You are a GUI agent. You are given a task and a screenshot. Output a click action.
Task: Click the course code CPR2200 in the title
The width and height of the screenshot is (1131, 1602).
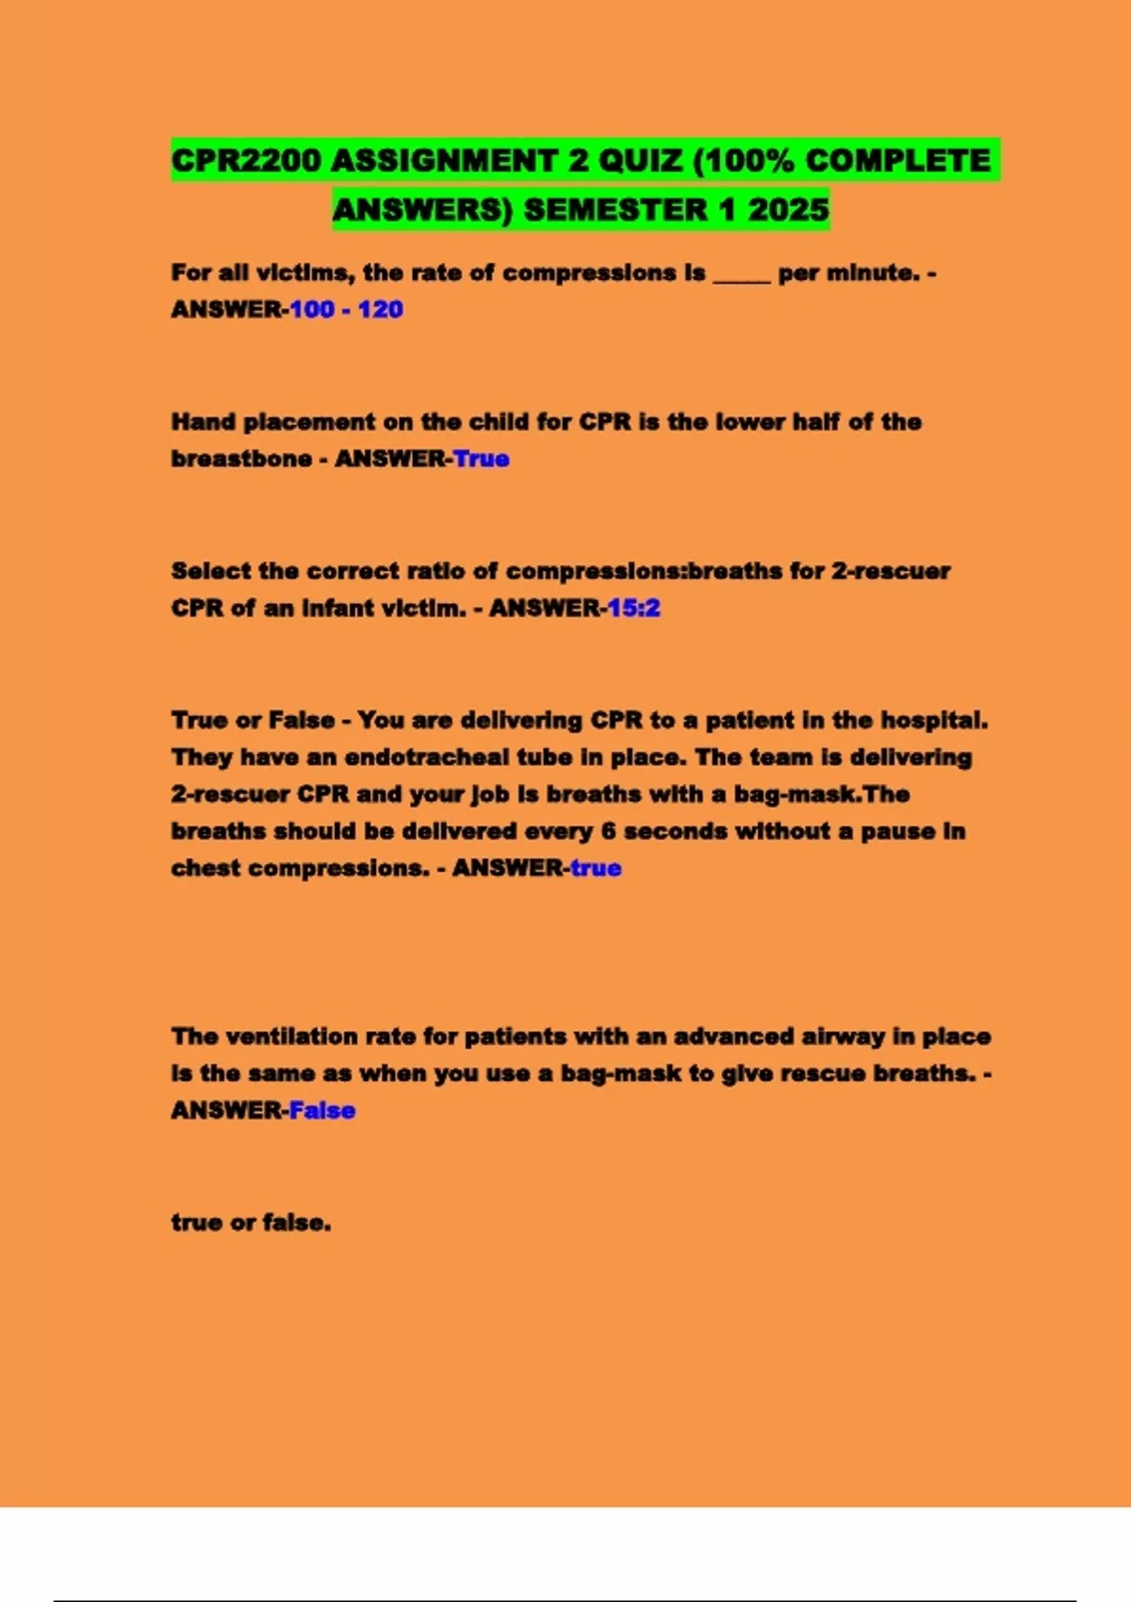pos(246,160)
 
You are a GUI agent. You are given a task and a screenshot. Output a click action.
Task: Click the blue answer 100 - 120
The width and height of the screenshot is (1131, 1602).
pos(346,309)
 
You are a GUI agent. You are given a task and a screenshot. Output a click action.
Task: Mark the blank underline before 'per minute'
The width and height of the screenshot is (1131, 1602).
pos(742,275)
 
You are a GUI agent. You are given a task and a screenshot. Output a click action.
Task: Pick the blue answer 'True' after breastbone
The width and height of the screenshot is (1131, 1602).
pos(481,458)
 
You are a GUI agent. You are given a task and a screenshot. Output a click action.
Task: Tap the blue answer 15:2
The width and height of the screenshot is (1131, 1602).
pos(633,608)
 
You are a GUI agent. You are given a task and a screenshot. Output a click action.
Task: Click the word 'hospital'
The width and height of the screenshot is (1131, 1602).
pos(934,720)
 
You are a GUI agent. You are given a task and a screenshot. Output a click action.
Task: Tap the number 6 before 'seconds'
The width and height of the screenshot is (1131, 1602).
pos(608,831)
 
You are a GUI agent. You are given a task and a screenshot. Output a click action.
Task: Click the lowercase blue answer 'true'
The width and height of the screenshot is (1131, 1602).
pos(596,868)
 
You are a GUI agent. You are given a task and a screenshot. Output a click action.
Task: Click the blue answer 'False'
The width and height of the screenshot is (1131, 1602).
pos(321,1110)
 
